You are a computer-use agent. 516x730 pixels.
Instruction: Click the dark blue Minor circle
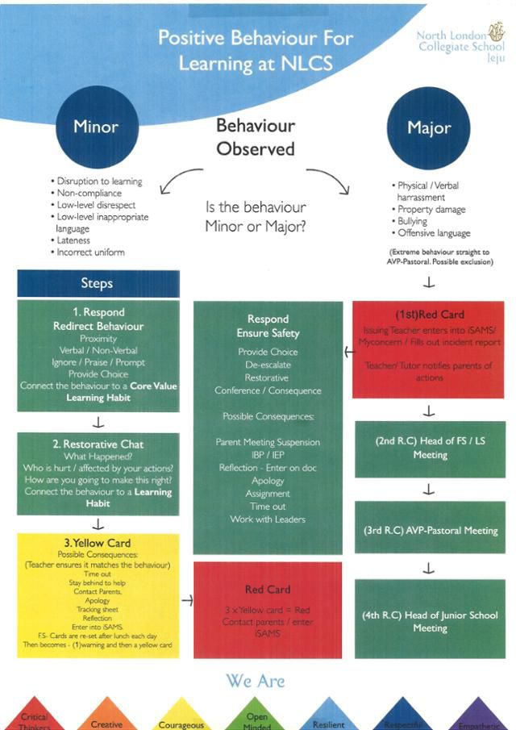(x=96, y=127)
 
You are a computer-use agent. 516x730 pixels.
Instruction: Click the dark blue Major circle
(x=429, y=128)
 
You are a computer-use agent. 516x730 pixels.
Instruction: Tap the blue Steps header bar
(x=98, y=283)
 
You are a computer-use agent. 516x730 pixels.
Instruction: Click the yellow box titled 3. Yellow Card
(x=98, y=594)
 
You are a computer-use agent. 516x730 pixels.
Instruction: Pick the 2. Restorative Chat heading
(x=98, y=444)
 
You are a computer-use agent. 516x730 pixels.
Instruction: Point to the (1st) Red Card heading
(x=430, y=315)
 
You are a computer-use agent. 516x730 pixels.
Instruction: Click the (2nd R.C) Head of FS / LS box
(x=430, y=449)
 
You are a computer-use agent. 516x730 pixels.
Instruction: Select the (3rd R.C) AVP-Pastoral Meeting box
(x=430, y=531)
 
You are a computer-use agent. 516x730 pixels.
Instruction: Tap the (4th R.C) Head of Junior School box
(x=430, y=621)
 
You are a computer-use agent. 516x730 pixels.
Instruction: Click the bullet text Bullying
(x=412, y=221)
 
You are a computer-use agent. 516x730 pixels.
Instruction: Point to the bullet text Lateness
(x=73, y=240)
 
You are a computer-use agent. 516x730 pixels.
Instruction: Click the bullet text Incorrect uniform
(x=90, y=252)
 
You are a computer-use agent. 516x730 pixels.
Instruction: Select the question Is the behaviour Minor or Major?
(x=256, y=218)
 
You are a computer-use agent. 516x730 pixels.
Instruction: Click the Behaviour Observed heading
(x=256, y=137)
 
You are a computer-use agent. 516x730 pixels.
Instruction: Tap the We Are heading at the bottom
(x=255, y=681)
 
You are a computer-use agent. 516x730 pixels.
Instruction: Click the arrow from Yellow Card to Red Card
(x=186, y=600)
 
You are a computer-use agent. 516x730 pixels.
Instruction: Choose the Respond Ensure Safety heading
(x=268, y=326)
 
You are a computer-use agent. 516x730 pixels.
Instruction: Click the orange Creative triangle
(x=106, y=718)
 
